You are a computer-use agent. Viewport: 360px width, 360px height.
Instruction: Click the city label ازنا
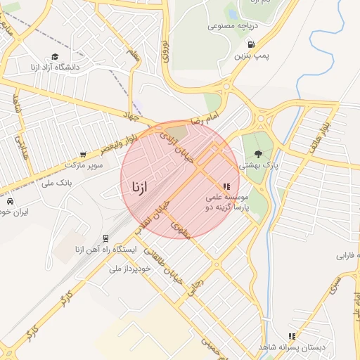(x=138, y=187)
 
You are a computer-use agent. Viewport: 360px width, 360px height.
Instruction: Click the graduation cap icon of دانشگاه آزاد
(x=55, y=57)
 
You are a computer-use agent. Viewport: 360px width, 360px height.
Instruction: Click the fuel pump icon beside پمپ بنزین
(x=251, y=44)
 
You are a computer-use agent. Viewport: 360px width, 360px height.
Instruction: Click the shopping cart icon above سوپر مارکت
(x=84, y=154)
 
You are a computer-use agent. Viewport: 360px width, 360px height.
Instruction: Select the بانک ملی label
(x=57, y=184)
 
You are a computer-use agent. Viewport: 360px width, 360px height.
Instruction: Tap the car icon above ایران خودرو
(x=10, y=201)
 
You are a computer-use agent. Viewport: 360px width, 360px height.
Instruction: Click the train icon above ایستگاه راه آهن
(x=105, y=238)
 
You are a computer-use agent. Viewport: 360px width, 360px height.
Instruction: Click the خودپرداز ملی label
(x=131, y=269)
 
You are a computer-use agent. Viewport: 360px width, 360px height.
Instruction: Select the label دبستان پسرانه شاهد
(x=285, y=347)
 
